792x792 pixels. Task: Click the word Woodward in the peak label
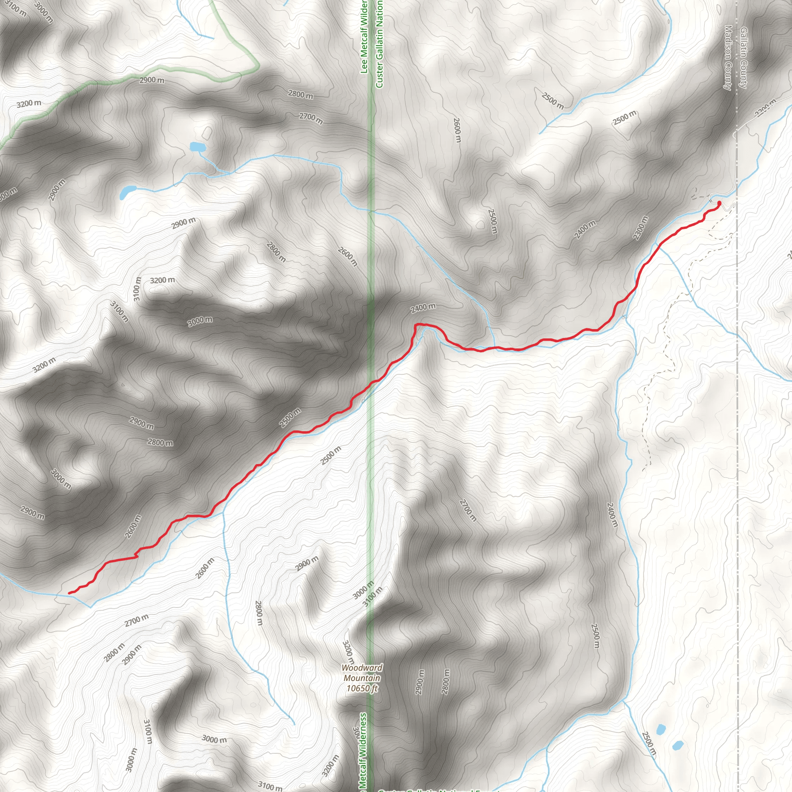coord(362,668)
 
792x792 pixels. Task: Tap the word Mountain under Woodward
coord(362,678)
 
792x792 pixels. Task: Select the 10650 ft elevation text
coord(362,688)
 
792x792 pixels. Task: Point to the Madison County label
coord(728,57)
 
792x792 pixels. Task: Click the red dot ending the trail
coord(719,203)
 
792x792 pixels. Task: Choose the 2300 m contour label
coord(641,228)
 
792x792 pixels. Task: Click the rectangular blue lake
coord(197,146)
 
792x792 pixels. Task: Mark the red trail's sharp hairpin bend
coord(417,326)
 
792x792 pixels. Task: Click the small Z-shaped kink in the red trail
coord(136,555)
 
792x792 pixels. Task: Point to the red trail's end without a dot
coord(69,593)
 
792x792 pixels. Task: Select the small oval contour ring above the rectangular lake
coord(207,132)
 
